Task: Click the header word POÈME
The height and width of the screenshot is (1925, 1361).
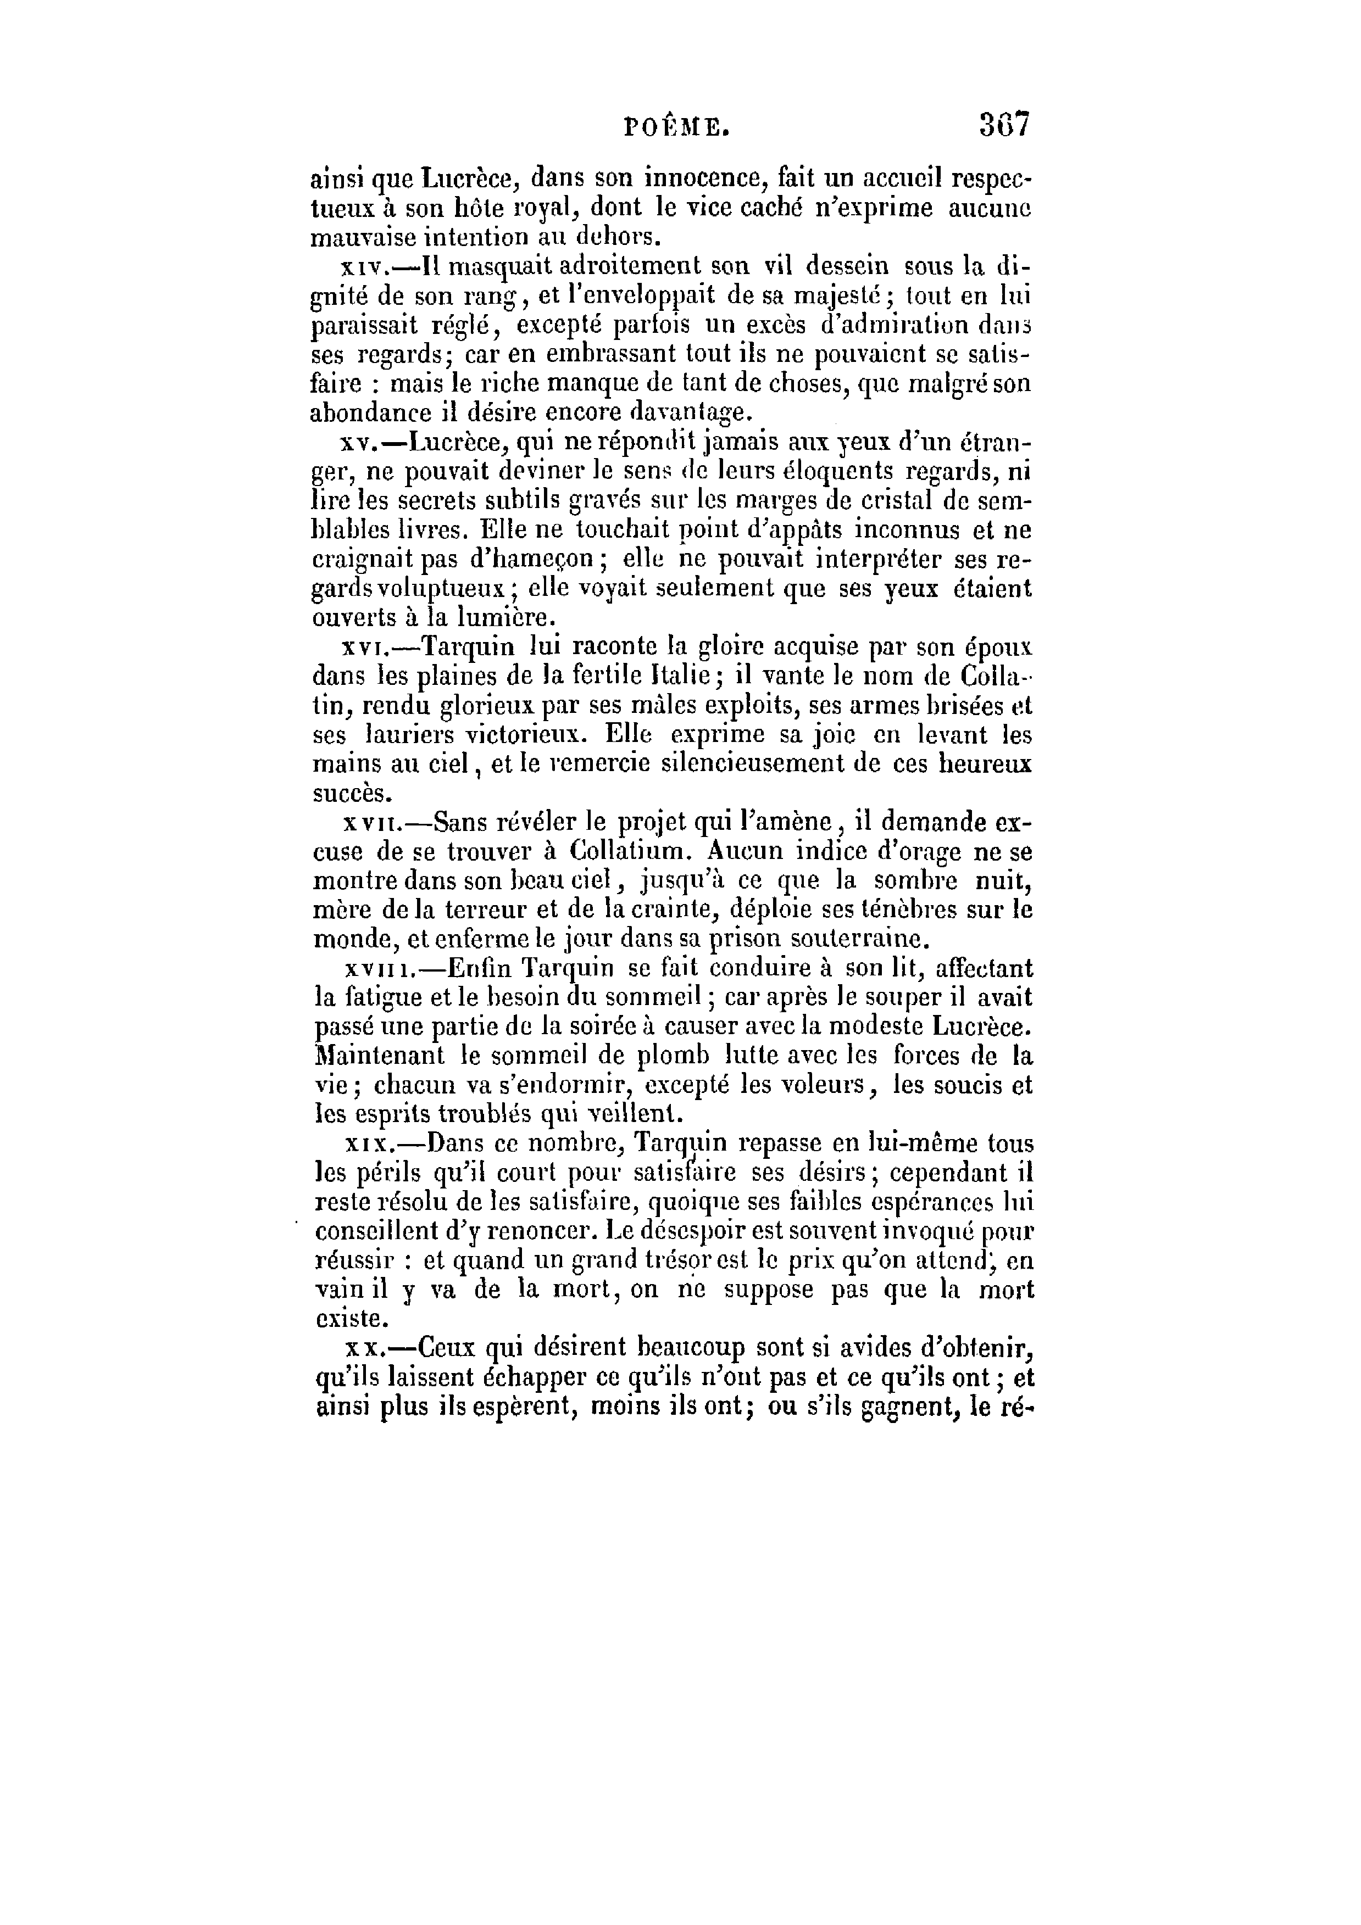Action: click(677, 127)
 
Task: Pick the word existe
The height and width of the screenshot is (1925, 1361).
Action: click(351, 1319)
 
